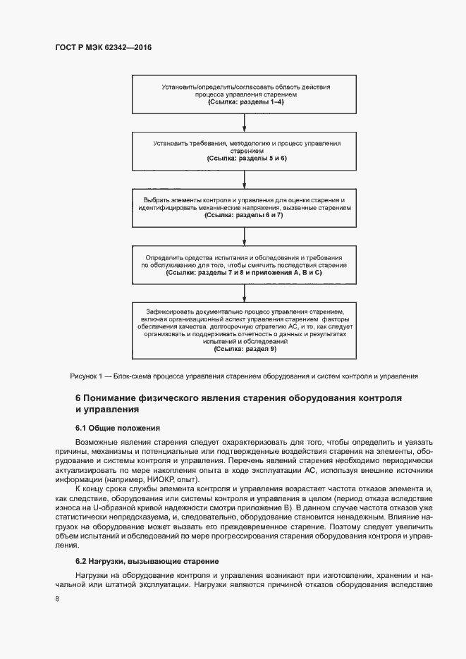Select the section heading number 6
(78, 398)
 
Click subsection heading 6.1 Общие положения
(118, 429)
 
